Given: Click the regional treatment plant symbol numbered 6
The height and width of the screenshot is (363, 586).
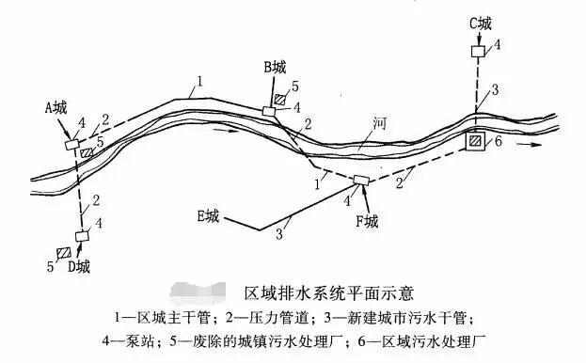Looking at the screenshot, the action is (478, 141).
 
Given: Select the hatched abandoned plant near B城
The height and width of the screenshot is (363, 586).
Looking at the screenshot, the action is (281, 99).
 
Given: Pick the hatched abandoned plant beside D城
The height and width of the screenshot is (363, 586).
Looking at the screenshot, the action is (64, 254).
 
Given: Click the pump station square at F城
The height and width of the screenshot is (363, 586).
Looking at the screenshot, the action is (360, 181).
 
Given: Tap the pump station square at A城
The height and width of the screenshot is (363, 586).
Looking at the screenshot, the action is (71, 145).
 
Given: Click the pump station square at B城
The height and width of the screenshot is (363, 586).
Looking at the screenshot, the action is (269, 111).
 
